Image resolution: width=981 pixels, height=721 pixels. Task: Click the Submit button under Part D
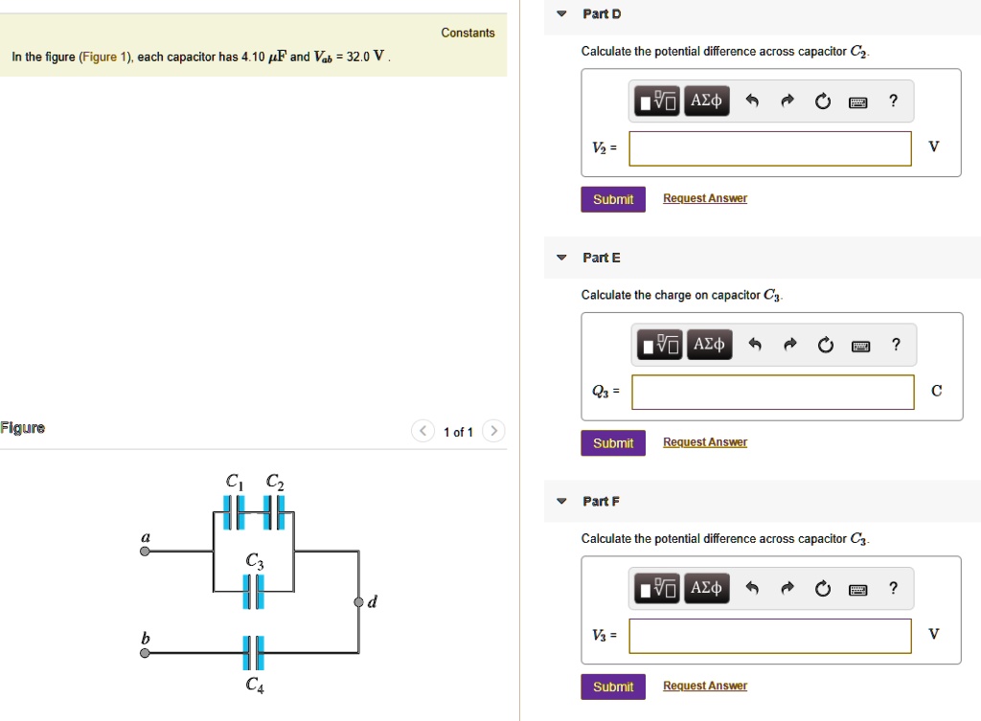tap(612, 199)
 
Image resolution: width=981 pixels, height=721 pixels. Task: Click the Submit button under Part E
tap(612, 442)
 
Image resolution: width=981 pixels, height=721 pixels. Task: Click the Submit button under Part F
tap(612, 687)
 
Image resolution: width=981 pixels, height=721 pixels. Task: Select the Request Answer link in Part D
tap(704, 198)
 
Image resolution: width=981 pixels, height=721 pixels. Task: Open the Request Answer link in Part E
tap(704, 442)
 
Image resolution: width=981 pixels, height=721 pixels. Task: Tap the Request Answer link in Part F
tap(704, 687)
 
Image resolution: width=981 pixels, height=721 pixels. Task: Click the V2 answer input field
tap(769, 148)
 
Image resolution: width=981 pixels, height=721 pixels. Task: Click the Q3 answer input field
tap(772, 392)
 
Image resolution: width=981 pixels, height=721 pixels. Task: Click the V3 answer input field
tap(769, 636)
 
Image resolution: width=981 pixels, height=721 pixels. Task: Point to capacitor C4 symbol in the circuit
tap(253, 652)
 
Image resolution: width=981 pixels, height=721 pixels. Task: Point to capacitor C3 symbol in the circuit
tap(253, 593)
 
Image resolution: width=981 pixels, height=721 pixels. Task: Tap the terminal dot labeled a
tap(145, 552)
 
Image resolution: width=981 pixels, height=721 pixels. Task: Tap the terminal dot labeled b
tap(145, 653)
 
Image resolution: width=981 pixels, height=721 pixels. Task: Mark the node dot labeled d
tap(358, 602)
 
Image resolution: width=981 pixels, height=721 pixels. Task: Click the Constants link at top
tap(468, 34)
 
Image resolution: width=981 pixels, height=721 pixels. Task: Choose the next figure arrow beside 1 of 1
tap(492, 432)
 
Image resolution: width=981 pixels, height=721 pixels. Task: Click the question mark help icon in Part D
tap(893, 101)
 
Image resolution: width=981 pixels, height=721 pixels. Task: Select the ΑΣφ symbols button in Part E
tap(709, 345)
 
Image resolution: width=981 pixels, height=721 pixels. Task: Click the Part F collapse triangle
tap(561, 502)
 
